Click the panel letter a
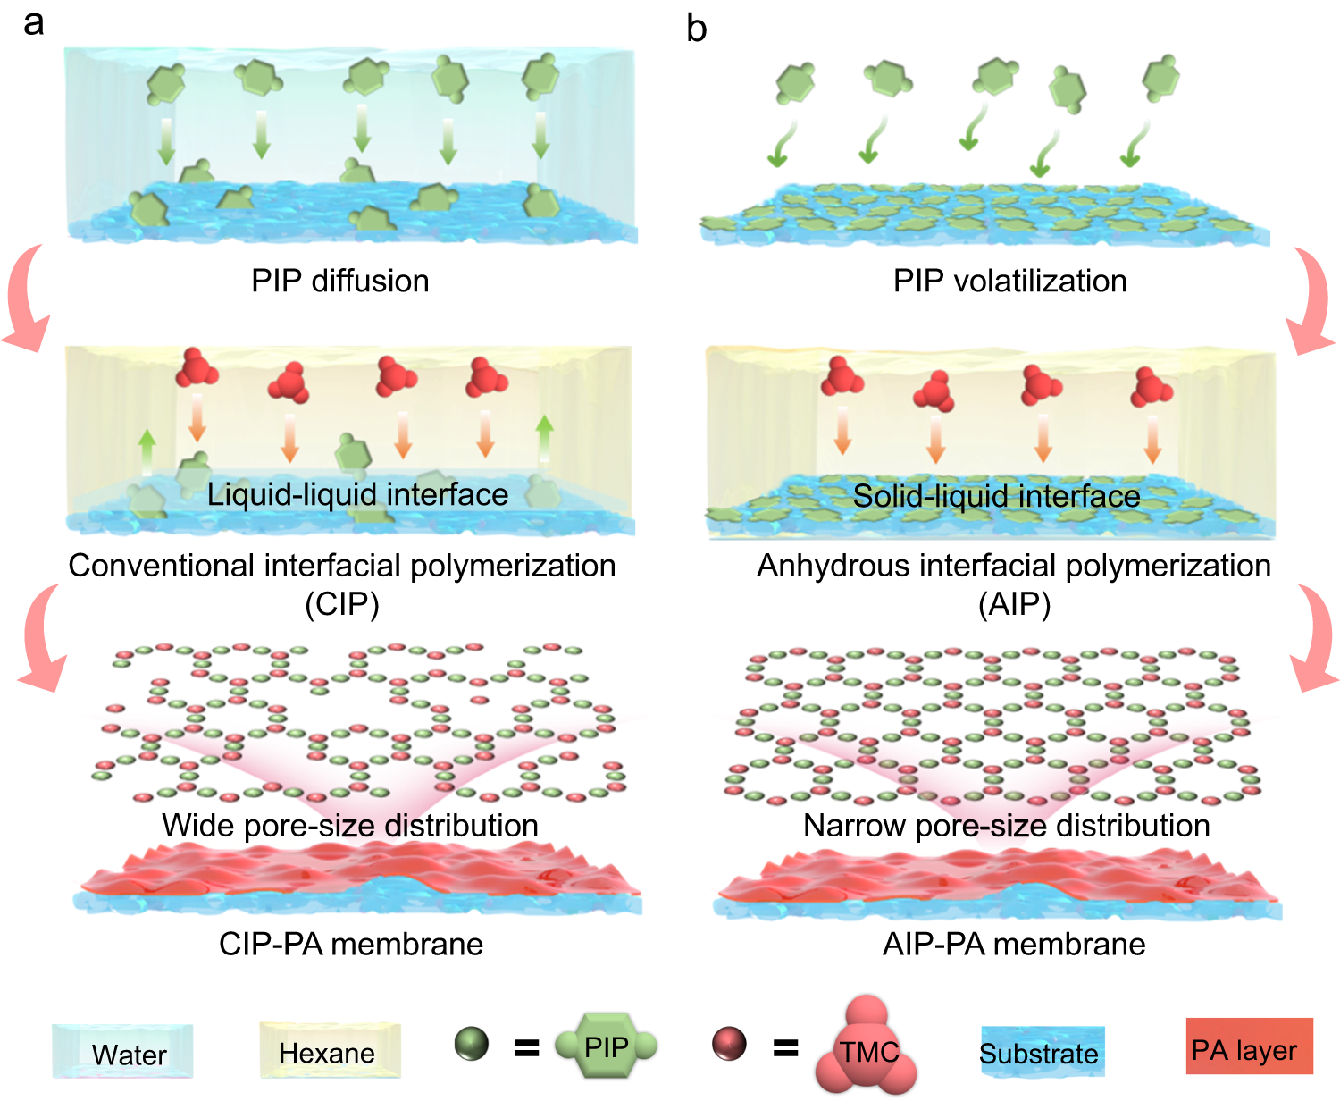click(33, 23)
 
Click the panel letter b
click(696, 29)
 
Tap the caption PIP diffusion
click(339, 281)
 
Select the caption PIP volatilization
click(1009, 281)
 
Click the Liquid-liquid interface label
click(357, 494)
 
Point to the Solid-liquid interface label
click(996, 496)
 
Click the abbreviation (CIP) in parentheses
click(342, 605)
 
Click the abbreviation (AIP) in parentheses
click(1014, 605)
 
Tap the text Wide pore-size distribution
click(350, 825)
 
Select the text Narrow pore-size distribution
click(1007, 825)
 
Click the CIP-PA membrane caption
click(351, 944)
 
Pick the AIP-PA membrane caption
click(1014, 944)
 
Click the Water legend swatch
click(122, 1052)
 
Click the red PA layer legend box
click(1249, 1046)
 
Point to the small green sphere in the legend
click(471, 1043)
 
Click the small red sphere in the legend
click(729, 1043)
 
